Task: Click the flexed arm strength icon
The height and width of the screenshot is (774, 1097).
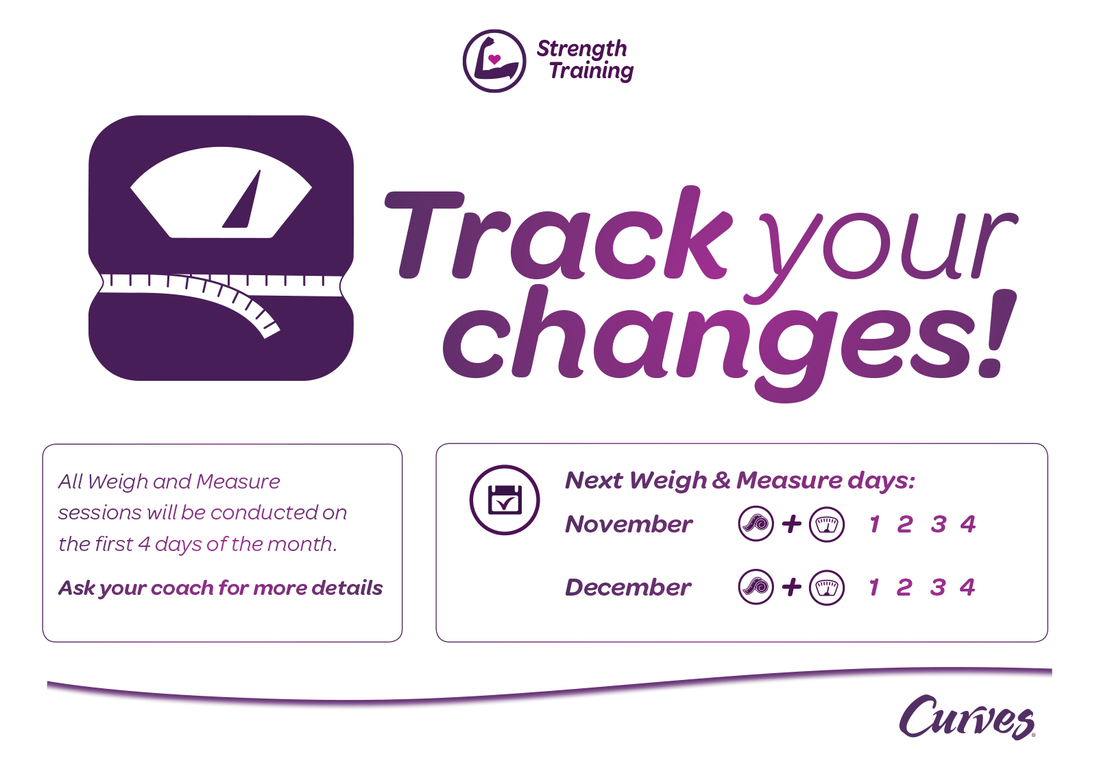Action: click(494, 61)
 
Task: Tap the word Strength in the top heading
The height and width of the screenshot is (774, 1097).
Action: click(581, 49)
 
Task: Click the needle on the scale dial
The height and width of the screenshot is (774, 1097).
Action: click(241, 199)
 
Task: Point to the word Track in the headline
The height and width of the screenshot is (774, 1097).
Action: click(558, 233)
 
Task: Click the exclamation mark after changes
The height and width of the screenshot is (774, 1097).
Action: click(997, 333)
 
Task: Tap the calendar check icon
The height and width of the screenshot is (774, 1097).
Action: click(505, 500)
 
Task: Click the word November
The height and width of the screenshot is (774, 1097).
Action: click(629, 524)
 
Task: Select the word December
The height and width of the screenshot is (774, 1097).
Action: click(628, 587)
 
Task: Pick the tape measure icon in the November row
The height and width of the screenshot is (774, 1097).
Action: click(756, 524)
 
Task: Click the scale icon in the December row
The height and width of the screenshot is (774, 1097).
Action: click(827, 587)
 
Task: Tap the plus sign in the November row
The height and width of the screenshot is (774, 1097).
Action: click(791, 524)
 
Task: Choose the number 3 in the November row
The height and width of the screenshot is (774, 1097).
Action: click(939, 524)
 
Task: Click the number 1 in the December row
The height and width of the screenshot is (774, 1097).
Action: click(874, 587)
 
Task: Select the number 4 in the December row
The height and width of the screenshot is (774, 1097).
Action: click(967, 587)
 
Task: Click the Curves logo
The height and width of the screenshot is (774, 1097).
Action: click(967, 717)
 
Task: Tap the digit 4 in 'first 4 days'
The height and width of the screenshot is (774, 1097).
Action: click(144, 544)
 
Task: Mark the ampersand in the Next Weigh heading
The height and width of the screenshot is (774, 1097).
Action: click(721, 480)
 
